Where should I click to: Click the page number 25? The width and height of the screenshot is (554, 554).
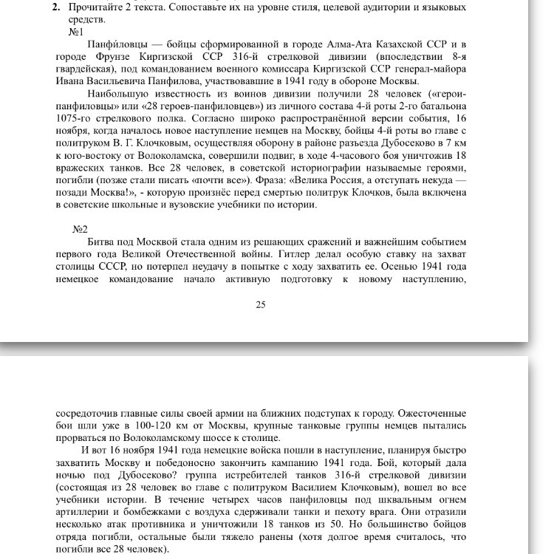pyautogui.click(x=260, y=305)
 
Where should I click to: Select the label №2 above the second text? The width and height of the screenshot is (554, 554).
pyautogui.click(x=80, y=228)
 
